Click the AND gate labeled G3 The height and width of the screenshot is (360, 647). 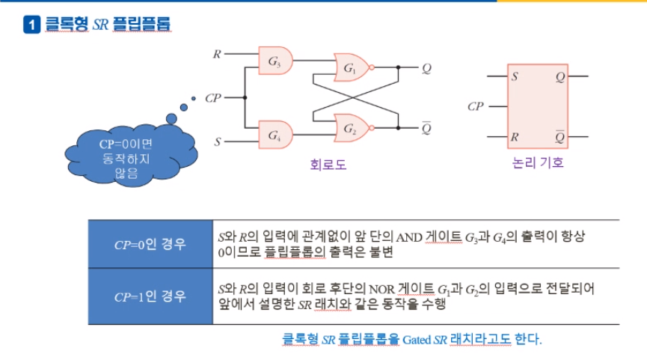(275, 61)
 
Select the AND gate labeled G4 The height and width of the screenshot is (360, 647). (275, 135)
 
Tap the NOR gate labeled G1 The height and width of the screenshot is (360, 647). (352, 67)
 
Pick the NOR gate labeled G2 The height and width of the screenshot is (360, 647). (352, 128)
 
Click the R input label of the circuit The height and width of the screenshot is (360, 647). (217, 54)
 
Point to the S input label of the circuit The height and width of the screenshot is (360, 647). (218, 141)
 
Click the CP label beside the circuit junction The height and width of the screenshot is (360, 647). (213, 98)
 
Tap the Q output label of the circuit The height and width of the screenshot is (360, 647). (426, 68)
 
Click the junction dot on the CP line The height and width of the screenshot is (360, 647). (245, 97)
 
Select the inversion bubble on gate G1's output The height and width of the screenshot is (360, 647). (372, 67)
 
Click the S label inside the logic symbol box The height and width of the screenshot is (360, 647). (515, 76)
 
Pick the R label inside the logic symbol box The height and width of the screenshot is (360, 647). (515, 137)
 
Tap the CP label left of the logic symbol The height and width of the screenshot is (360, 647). (476, 106)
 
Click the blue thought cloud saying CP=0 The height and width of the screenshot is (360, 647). (130, 155)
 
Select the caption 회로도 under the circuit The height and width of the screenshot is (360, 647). (328, 165)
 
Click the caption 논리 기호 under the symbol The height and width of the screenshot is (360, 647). (538, 162)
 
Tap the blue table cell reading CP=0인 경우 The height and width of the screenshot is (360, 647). (150, 244)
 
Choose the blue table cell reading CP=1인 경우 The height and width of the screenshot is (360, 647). (150, 296)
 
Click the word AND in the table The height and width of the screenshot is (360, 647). (409, 237)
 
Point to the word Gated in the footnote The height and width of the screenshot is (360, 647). (417, 340)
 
